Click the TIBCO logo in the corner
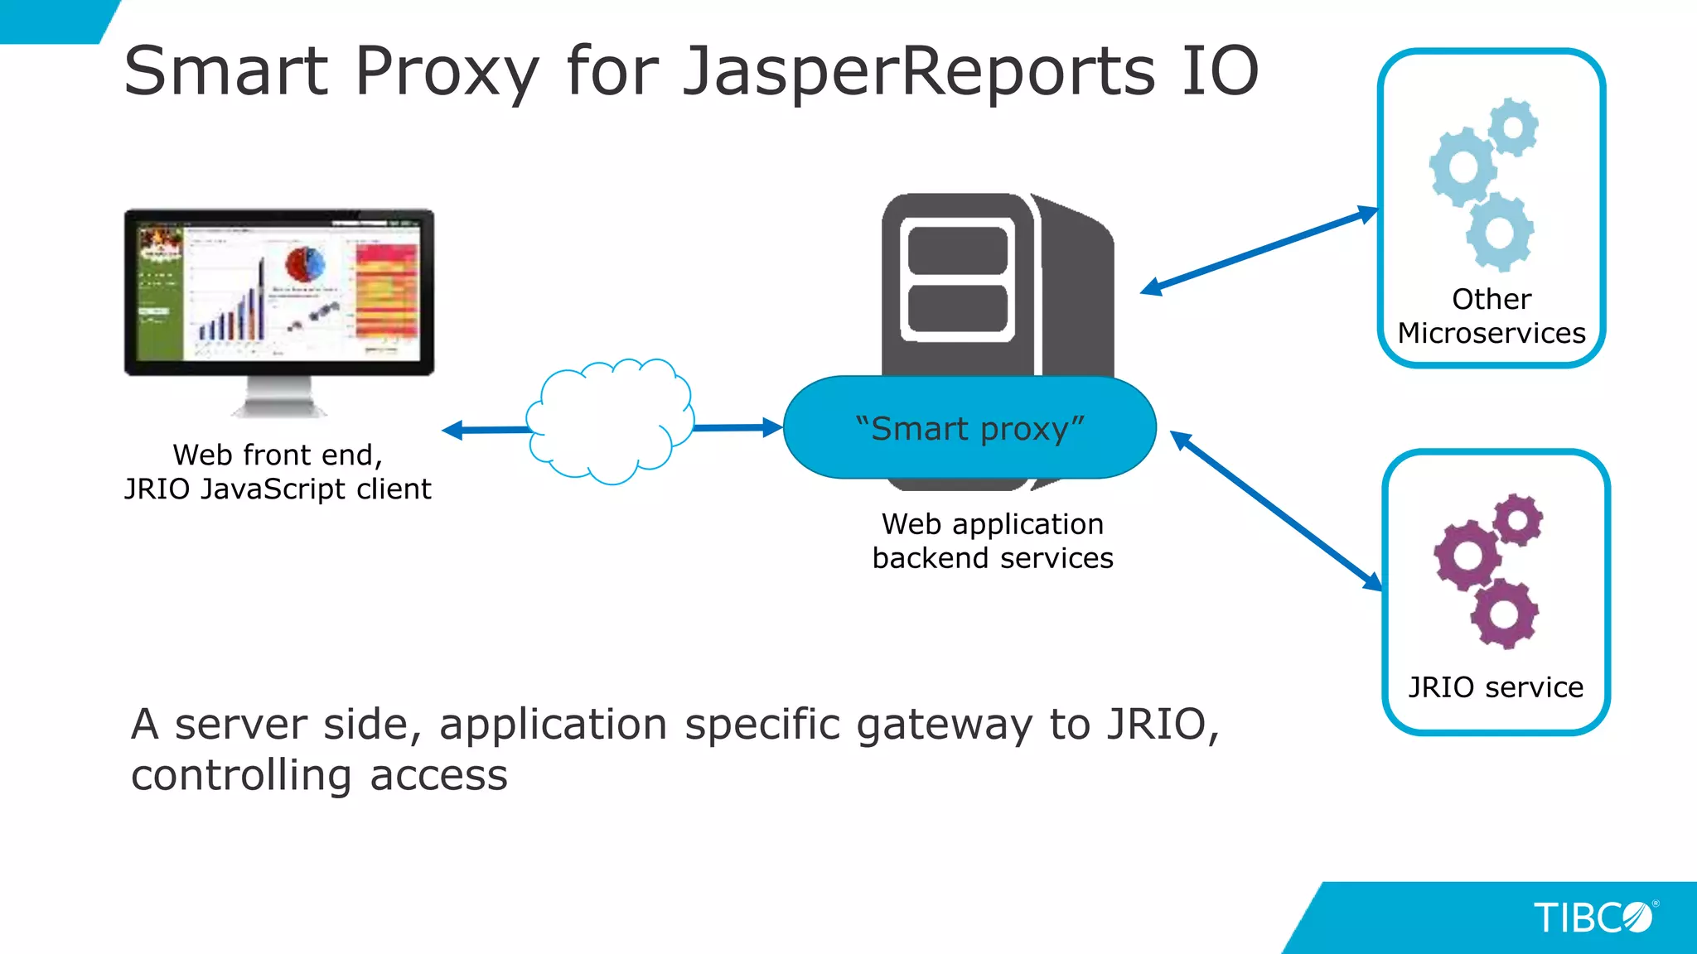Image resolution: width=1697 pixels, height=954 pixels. pos(1593,918)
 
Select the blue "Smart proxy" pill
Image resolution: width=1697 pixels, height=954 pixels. pos(969,428)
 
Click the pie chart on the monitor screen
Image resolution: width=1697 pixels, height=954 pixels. pos(305,264)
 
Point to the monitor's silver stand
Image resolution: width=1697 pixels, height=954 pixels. pos(279,397)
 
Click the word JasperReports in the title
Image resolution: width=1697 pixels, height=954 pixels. pos(918,71)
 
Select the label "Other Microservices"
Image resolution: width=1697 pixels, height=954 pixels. pos(1492,316)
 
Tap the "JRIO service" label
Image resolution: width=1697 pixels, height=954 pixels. pos(1496,687)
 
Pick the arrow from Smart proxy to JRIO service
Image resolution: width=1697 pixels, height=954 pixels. pos(1276,511)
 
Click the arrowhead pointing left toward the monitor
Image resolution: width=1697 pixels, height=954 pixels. pos(453,430)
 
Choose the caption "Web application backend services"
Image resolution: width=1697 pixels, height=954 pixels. pos(993,541)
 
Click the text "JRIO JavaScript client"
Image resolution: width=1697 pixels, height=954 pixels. pos(278,489)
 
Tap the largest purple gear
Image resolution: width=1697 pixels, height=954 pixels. pos(1467,555)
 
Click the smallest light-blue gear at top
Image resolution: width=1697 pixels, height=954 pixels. pos(1514,127)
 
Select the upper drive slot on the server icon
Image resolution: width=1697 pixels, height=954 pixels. pos(958,249)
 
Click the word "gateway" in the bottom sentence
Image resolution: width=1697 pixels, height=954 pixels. pos(944,725)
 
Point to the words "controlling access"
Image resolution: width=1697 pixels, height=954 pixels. pos(319,776)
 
